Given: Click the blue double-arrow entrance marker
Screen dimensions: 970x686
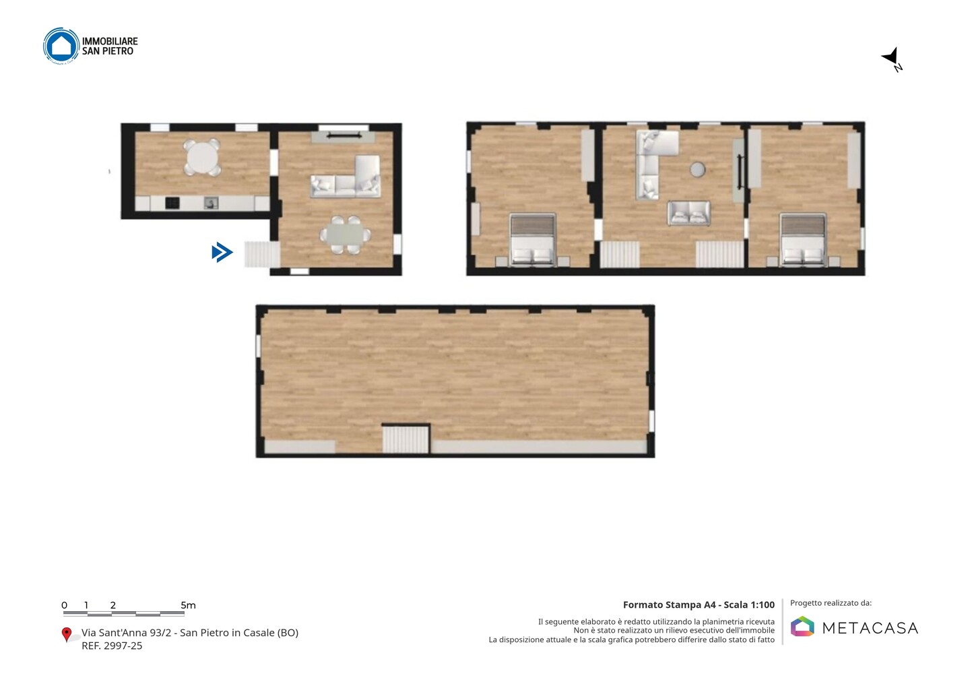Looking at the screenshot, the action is click(222, 253).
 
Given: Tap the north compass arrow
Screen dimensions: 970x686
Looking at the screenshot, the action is click(891, 57).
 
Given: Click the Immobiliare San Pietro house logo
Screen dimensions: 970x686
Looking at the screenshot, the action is click(61, 46).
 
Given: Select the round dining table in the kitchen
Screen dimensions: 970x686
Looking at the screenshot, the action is click(202, 157).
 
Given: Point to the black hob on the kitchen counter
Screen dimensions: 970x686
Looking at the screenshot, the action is click(172, 203).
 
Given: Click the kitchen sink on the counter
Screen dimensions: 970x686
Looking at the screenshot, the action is click(211, 203).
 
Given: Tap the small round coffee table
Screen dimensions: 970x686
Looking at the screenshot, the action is click(697, 169).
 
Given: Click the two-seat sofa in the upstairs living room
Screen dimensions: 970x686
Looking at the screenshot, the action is click(688, 213).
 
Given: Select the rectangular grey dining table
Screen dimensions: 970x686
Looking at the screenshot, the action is click(345, 235).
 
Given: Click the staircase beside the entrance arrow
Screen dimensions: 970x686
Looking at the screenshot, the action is click(262, 254).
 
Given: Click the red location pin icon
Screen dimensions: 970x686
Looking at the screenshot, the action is click(66, 635).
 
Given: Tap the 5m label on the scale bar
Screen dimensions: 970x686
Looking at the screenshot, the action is click(188, 605).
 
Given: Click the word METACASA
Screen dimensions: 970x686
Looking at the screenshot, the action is click(870, 628).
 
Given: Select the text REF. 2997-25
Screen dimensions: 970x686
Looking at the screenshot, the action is click(112, 646).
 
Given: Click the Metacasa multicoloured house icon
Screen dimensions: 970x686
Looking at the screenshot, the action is click(802, 626).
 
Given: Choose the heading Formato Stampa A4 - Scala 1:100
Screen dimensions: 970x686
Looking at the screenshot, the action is click(699, 604).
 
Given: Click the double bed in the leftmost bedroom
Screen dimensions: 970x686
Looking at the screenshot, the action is click(533, 239).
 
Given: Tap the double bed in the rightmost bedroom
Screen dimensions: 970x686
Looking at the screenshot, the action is click(803, 239).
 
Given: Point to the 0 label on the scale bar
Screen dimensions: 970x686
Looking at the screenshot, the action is click(64, 605).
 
